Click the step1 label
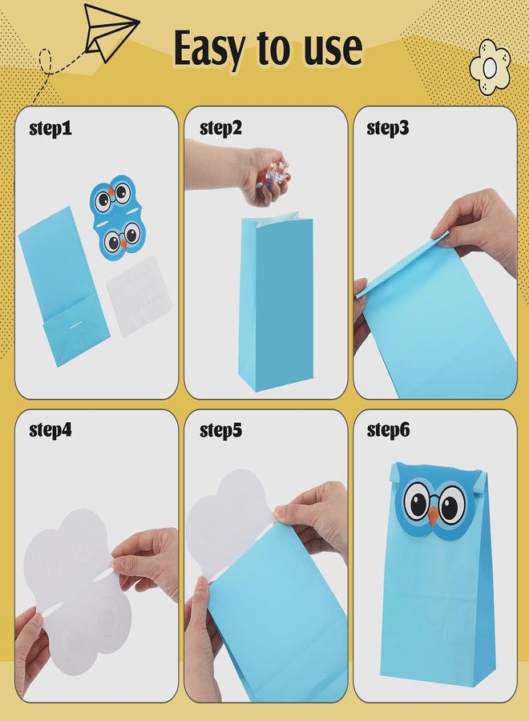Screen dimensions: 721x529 tap(50, 128)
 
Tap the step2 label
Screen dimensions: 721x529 tap(220, 128)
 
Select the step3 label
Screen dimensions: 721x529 tap(388, 128)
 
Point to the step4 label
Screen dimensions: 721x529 tap(50, 430)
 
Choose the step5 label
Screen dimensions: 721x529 tap(220, 430)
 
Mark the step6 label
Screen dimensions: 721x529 tap(388, 430)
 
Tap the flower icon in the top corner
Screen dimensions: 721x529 tap(490, 67)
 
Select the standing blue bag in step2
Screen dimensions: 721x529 tap(274, 304)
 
